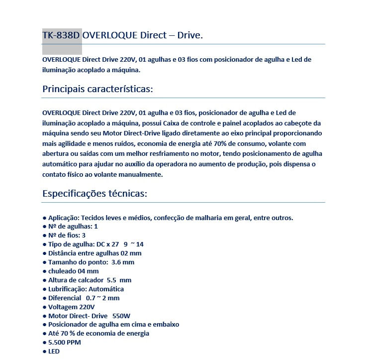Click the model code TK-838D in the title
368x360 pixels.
click(61, 36)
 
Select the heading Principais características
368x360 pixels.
click(97, 89)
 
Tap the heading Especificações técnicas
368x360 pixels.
click(94, 193)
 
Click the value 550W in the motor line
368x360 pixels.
click(121, 316)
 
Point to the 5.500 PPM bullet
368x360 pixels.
click(64, 343)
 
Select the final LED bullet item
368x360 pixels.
click(54, 352)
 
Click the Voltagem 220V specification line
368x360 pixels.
click(71, 307)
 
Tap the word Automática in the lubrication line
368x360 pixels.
click(107, 289)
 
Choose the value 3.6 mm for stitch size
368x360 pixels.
click(123, 262)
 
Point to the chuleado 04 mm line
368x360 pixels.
click(73, 271)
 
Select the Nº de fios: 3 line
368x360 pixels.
click(67, 235)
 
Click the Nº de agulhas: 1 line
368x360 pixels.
click(73, 226)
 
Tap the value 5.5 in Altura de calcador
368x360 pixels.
click(111, 280)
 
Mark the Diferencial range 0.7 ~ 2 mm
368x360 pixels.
click(102, 298)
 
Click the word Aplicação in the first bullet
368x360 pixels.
click(63, 218)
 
